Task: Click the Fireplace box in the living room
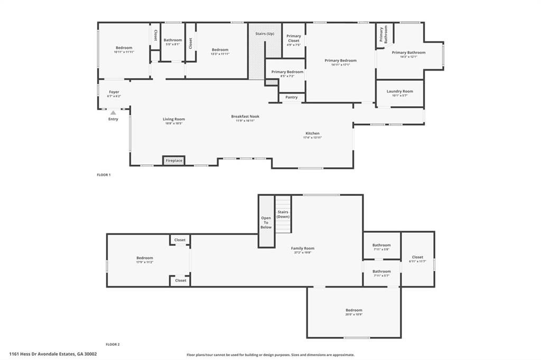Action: point(174,160)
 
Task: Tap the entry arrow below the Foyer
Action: point(113,112)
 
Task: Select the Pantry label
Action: point(292,97)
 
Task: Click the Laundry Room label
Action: point(399,91)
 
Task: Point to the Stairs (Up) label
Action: point(265,33)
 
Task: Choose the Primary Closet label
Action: point(294,38)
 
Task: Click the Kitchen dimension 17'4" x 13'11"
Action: point(312,137)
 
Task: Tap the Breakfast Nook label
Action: point(245,116)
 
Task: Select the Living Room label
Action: point(173,119)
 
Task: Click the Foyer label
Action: point(114,92)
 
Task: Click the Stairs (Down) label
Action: point(283,214)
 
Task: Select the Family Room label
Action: point(302,248)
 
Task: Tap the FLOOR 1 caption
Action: point(104,174)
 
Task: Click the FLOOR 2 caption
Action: point(113,344)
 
